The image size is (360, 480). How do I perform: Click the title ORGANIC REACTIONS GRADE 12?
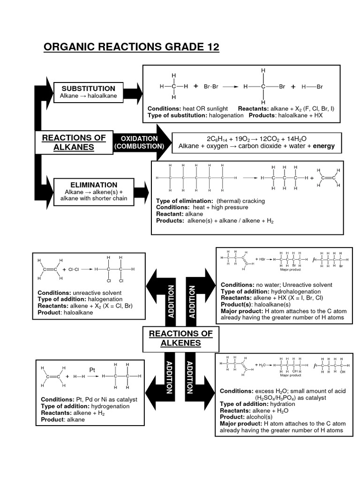click(x=131, y=48)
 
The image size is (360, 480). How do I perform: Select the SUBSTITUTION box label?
click(x=88, y=88)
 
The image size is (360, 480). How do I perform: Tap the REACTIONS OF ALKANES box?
click(x=74, y=142)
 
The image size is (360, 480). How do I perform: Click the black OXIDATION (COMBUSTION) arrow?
click(x=139, y=142)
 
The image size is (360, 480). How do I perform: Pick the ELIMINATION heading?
click(x=94, y=185)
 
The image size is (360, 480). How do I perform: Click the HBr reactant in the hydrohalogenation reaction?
click(x=261, y=259)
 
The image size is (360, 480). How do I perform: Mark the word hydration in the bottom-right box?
click(x=273, y=404)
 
